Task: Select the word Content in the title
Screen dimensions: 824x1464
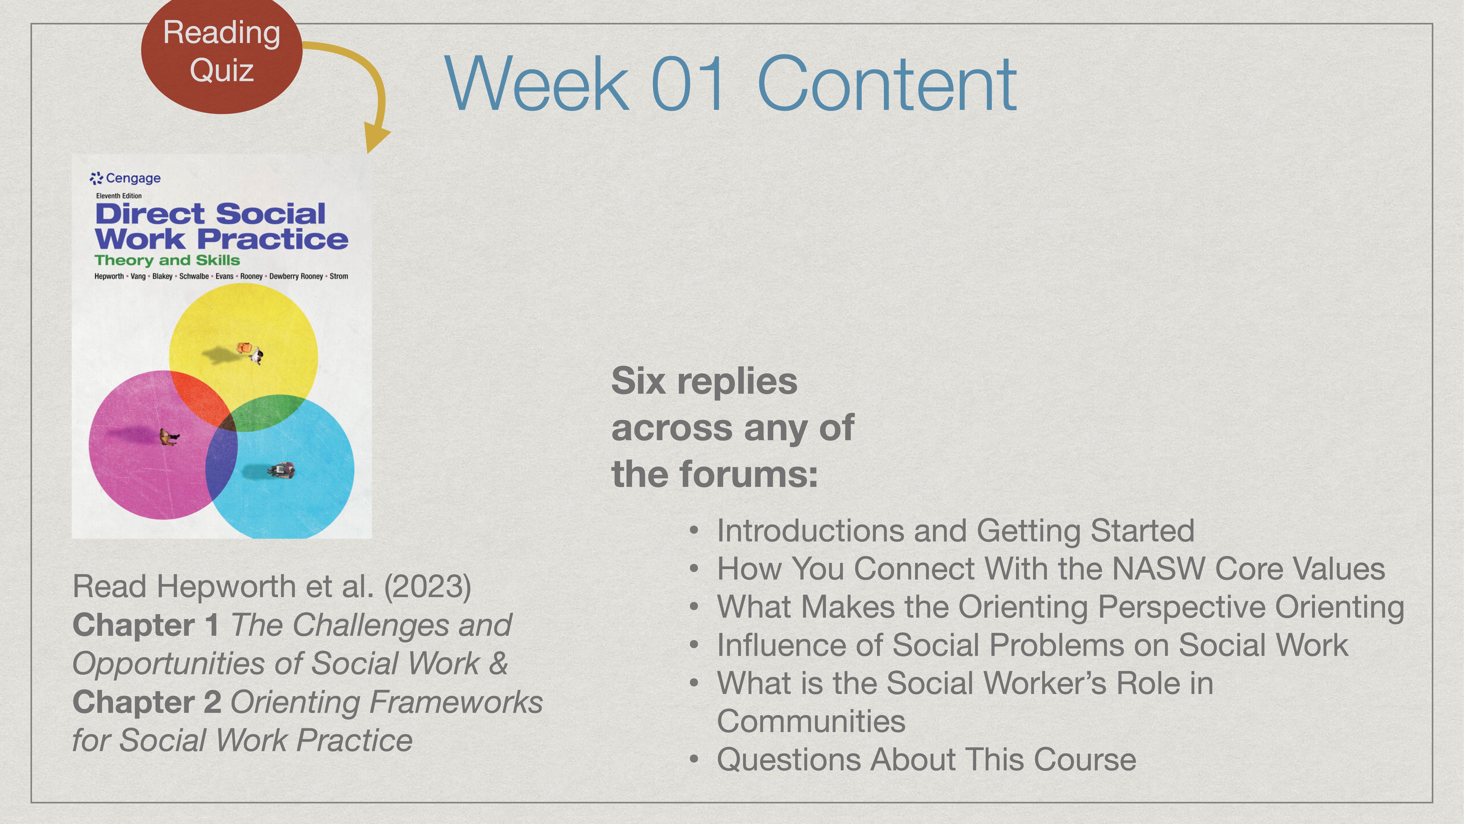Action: tap(887, 84)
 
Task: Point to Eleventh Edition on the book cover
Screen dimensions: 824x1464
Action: tap(119, 196)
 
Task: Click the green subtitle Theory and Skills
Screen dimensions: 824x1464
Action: tap(167, 260)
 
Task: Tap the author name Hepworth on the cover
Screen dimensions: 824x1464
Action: tap(109, 276)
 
